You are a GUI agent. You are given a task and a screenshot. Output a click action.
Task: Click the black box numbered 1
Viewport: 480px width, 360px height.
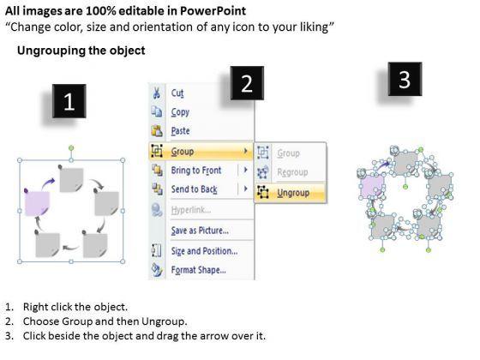69,101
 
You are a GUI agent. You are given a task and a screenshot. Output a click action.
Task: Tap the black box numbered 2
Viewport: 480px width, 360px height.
247,83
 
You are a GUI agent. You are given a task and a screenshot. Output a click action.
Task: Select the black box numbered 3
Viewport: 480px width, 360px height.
405,79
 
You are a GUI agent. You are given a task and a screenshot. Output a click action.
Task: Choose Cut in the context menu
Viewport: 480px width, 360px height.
177,93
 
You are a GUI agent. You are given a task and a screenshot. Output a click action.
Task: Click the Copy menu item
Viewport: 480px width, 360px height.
180,112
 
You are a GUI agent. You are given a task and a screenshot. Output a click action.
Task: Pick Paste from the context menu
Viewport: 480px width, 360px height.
180,131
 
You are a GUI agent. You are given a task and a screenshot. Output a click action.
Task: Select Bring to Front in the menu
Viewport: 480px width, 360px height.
196,171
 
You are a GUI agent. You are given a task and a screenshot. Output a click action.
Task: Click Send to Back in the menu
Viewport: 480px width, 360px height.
194,189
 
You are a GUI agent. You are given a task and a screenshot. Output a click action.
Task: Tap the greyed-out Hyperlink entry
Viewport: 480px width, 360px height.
191,210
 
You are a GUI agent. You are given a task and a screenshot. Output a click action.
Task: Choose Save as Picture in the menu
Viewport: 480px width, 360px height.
200,231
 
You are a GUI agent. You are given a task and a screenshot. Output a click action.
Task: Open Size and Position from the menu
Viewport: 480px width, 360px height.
204,251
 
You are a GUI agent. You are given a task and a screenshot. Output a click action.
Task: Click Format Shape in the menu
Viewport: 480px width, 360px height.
198,270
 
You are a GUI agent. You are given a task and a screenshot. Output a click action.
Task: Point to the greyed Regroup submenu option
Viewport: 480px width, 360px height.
292,172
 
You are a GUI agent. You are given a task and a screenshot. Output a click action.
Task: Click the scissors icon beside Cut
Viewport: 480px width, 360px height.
157,93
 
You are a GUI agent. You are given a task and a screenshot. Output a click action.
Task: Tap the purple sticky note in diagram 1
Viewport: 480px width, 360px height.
37,203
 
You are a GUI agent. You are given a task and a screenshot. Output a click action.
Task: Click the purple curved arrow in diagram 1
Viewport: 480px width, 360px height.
48,183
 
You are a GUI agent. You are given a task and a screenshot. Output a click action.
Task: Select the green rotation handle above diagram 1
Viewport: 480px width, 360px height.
71,148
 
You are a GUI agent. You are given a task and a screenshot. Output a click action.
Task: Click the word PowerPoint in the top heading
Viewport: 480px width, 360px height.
213,11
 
